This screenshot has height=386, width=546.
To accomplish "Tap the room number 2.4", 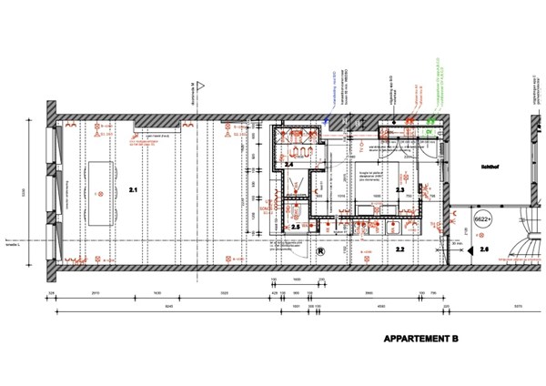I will point(288,165).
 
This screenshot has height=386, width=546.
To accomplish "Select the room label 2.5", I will point(295,227).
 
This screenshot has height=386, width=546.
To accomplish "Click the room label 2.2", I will point(399,248).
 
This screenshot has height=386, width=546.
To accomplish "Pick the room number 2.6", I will point(484,249).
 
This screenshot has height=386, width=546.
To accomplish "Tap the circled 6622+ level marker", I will point(484,219).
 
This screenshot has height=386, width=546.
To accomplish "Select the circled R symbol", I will point(319,250).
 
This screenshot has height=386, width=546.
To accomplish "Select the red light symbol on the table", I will point(98,193).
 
